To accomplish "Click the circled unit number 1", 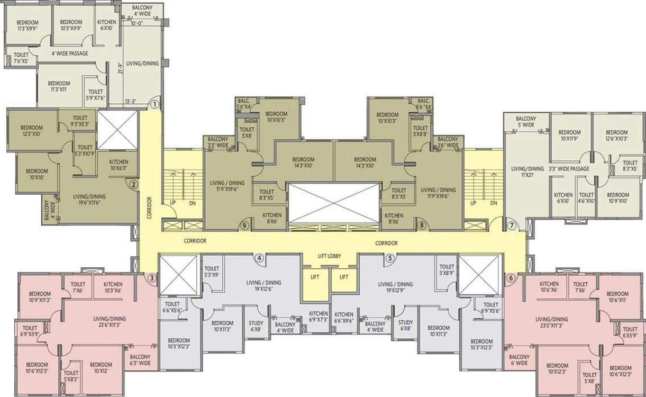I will click(x=154, y=105).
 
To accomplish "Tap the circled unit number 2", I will click(x=134, y=185).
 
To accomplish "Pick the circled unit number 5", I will click(x=390, y=258).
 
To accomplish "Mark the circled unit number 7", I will click(x=512, y=225).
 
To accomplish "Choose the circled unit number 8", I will click(x=422, y=225).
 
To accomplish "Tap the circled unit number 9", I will click(x=244, y=225).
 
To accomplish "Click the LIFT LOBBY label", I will click(x=329, y=256).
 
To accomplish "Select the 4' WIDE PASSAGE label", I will click(x=69, y=53).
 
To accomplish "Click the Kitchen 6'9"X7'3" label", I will click(x=319, y=317).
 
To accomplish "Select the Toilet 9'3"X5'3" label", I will click(x=80, y=121).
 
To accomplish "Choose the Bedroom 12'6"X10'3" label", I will click(x=617, y=136).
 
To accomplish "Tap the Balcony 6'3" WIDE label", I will click(x=140, y=360).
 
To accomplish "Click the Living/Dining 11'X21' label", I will click(x=527, y=172).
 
